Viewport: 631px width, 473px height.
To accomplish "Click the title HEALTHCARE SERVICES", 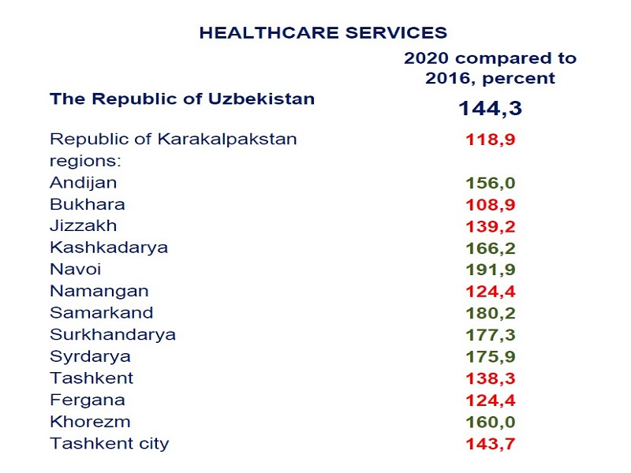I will pyautogui.click(x=323, y=32).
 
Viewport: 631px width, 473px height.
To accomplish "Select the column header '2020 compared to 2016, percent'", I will pyautogui.click(x=490, y=68).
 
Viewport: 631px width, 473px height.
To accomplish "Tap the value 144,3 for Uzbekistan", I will pyautogui.click(x=490, y=108).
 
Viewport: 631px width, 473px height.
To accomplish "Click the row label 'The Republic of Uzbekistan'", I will pyautogui.click(x=182, y=99).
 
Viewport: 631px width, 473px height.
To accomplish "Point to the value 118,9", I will pyautogui.click(x=490, y=140).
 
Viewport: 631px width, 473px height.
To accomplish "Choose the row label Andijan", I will pyautogui.click(x=83, y=182).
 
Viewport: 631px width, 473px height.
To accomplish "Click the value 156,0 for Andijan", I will pyautogui.click(x=490, y=183).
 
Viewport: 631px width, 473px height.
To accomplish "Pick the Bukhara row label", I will pyautogui.click(x=87, y=204).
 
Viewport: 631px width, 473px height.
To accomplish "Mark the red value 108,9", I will pyautogui.click(x=490, y=205).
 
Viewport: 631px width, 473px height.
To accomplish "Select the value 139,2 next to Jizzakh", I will pyautogui.click(x=490, y=226).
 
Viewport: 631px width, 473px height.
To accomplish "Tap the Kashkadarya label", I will pyautogui.click(x=109, y=248).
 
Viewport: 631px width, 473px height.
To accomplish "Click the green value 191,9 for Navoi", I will pyautogui.click(x=490, y=270).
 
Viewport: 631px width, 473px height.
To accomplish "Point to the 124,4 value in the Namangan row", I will pyautogui.click(x=490, y=292).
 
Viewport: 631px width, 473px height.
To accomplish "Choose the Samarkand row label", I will pyautogui.click(x=101, y=313).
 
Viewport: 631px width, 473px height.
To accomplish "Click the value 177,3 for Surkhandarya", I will pyautogui.click(x=490, y=335).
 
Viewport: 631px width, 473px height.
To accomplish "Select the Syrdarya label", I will pyautogui.click(x=90, y=356).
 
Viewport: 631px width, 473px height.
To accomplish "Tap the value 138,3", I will pyautogui.click(x=490, y=378).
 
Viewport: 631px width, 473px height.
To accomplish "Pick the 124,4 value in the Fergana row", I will pyautogui.click(x=490, y=400).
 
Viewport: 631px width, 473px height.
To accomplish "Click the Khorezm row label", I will pyautogui.click(x=90, y=422).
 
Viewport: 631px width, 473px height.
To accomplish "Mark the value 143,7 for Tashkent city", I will pyautogui.click(x=490, y=444).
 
